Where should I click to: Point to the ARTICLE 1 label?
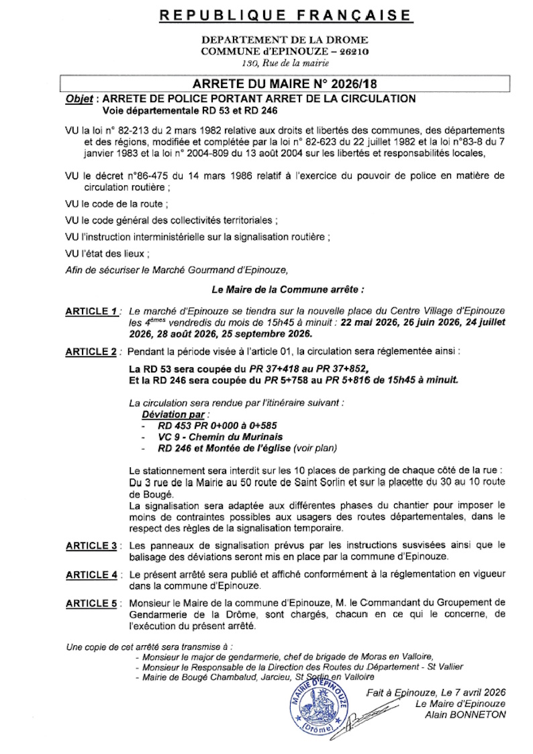point(91,312)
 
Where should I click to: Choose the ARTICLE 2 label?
point(91,351)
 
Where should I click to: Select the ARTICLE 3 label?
point(91,546)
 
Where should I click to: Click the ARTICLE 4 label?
point(91,575)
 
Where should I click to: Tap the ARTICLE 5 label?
point(91,604)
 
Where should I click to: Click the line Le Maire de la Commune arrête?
point(288,291)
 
